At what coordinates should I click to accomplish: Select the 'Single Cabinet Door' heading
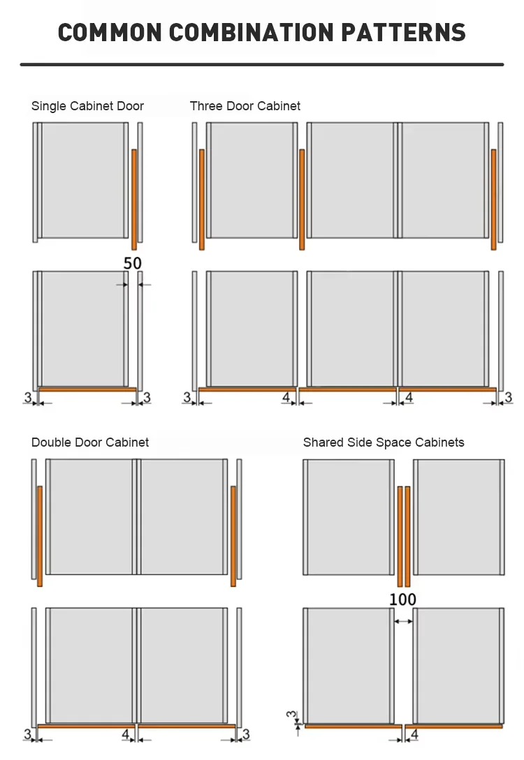pyautogui.click(x=87, y=106)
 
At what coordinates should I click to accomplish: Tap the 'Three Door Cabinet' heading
pyautogui.click(x=245, y=106)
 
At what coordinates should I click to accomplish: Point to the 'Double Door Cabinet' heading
pyautogui.click(x=90, y=442)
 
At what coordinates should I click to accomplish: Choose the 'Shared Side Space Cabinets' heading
pyautogui.click(x=384, y=442)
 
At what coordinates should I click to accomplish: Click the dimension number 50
pyautogui.click(x=133, y=264)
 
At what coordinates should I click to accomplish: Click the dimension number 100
pyautogui.click(x=402, y=599)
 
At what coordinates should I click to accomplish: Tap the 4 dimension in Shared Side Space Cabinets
pyautogui.click(x=415, y=734)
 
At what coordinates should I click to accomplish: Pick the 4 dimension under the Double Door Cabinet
pyautogui.click(x=126, y=734)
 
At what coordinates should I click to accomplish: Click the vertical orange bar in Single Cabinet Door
pyautogui.click(x=134, y=199)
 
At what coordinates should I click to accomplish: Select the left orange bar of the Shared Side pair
pyautogui.click(x=400, y=536)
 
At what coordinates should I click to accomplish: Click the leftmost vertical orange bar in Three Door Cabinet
pyautogui.click(x=202, y=199)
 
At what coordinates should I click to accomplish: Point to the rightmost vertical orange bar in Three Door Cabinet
pyautogui.click(x=493, y=199)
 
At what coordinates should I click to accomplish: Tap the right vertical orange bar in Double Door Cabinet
pyautogui.click(x=233, y=536)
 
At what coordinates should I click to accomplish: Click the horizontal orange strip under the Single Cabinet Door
pyautogui.click(x=87, y=389)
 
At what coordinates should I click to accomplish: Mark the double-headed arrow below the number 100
pyautogui.click(x=403, y=620)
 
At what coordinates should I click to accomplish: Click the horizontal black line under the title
pyautogui.click(x=262, y=65)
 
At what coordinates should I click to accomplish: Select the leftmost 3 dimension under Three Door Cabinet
pyautogui.click(x=187, y=398)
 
